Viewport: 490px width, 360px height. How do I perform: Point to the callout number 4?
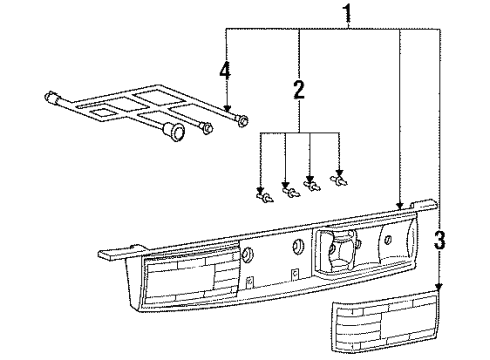point(225,71)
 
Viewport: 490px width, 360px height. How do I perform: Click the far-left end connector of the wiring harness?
point(52,97)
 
